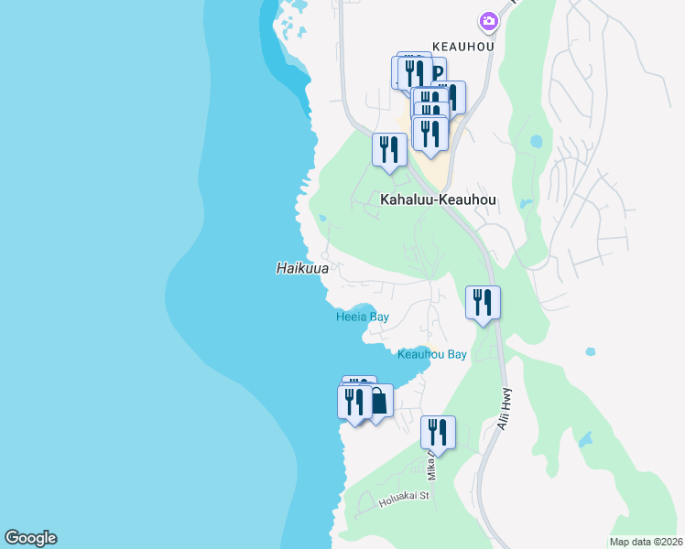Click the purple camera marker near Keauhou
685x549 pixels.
[x=488, y=20]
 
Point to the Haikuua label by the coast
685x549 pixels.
[x=301, y=268]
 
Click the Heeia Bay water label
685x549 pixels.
[x=362, y=317]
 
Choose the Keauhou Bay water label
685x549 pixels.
[x=432, y=354]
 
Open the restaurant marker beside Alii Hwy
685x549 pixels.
[x=483, y=303]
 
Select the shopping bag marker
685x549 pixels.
[x=377, y=401]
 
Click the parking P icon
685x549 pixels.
[x=438, y=73]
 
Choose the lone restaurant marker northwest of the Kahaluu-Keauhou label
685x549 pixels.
[x=389, y=149]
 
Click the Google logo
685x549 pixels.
[x=30, y=538]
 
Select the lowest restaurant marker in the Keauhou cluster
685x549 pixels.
[x=429, y=134]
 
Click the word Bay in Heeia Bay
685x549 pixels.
[x=378, y=317]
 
